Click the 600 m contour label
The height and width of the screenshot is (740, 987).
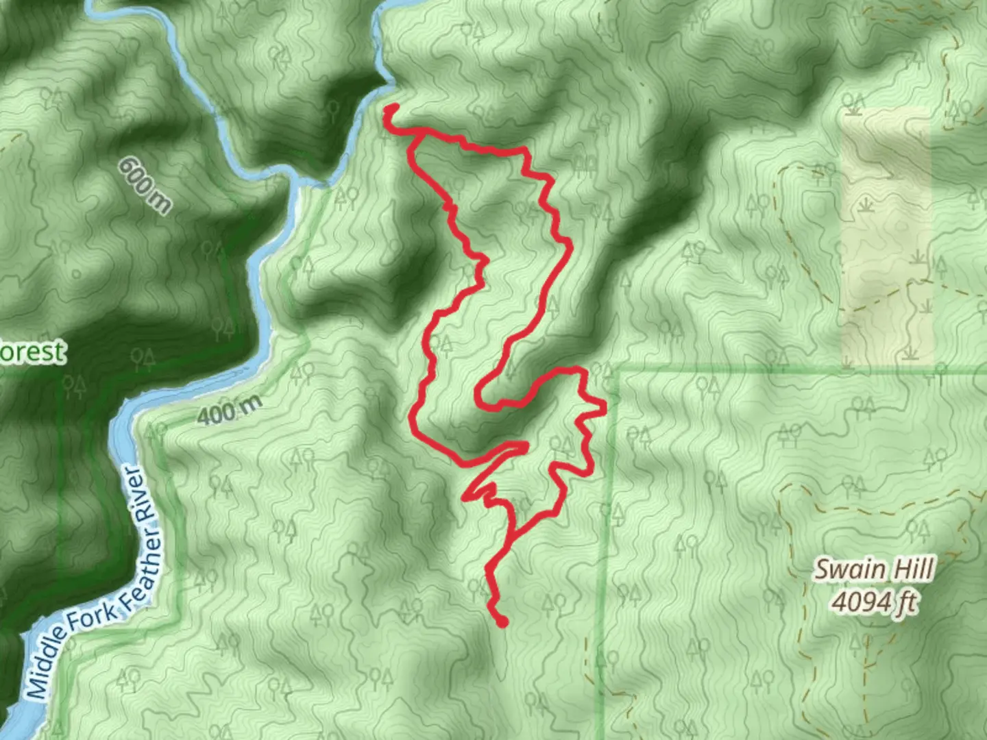pyautogui.click(x=145, y=185)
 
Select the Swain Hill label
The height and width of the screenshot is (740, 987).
pyautogui.click(x=874, y=570)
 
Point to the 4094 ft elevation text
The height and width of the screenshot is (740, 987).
pyautogui.click(x=874, y=603)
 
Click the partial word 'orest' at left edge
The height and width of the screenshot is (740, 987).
pyautogui.click(x=32, y=353)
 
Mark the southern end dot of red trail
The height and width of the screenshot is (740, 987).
pyautogui.click(x=502, y=622)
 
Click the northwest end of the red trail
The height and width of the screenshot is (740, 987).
pyautogui.click(x=391, y=108)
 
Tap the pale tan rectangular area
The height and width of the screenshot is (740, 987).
pyautogui.click(x=886, y=240)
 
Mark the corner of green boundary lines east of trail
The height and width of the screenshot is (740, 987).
pyautogui.click(x=618, y=371)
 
